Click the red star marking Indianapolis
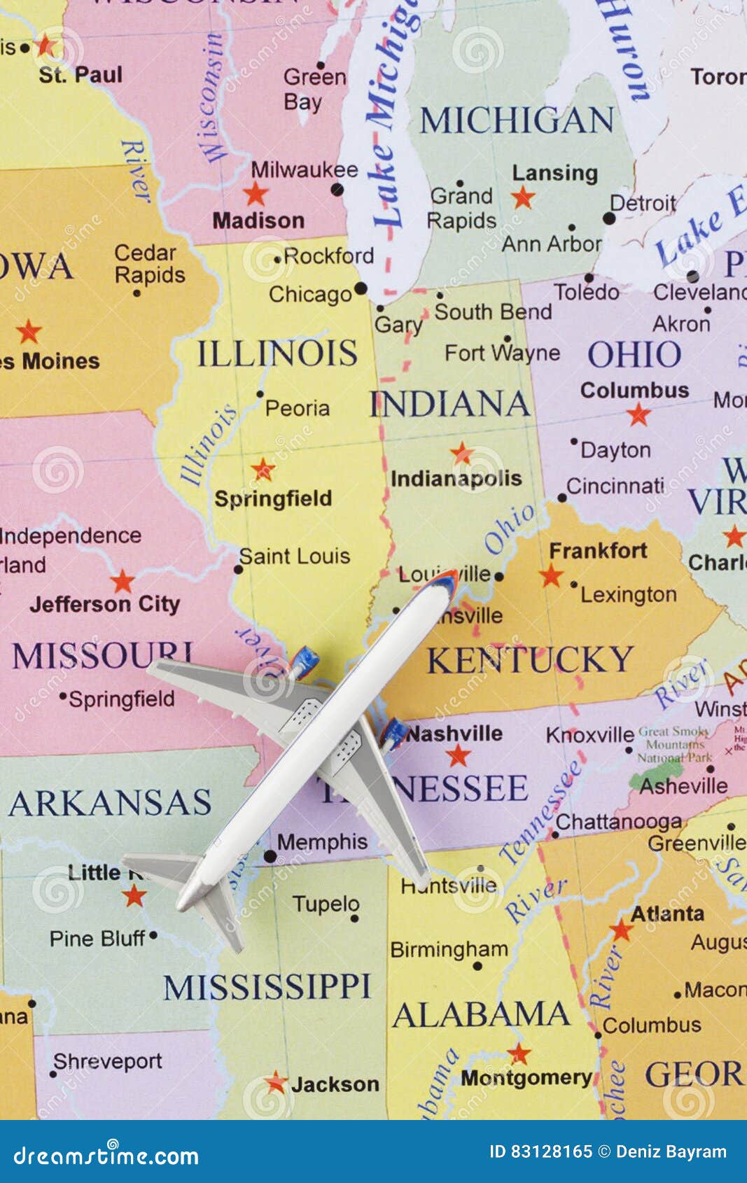tap(461, 453)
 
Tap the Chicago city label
tap(309, 295)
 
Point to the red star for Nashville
tap(459, 755)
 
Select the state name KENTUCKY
tap(530, 660)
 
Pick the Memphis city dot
tap(270, 855)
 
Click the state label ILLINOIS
tap(277, 353)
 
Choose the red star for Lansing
tap(523, 197)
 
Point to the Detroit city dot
tap(609, 218)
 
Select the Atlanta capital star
tap(621, 930)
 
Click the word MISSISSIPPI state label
tap(267, 987)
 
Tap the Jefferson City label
tap(105, 604)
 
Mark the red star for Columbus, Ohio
tap(638, 414)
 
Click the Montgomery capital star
tap(519, 1053)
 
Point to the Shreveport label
tap(108, 1062)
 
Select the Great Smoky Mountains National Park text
tap(673, 744)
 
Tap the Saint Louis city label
tap(295, 556)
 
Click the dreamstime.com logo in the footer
tap(106, 1156)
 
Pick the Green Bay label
tap(314, 89)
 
